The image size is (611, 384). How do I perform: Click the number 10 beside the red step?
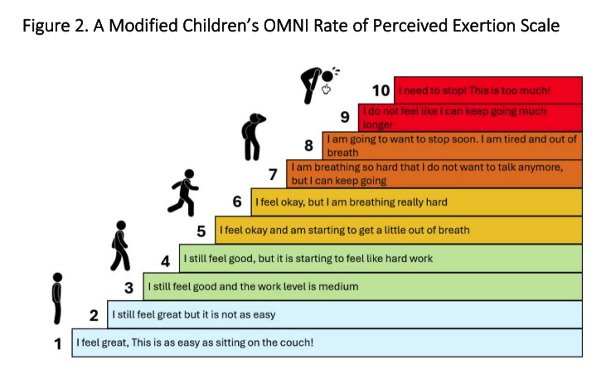(382, 90)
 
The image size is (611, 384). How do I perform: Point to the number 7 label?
(273, 174)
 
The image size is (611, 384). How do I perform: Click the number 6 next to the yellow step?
(237, 202)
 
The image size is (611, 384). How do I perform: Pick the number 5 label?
(201, 231)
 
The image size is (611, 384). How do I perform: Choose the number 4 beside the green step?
(165, 260)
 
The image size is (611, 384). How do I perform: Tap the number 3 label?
(129, 288)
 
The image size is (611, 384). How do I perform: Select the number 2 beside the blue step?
(94, 315)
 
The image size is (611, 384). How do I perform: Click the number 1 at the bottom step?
(58, 343)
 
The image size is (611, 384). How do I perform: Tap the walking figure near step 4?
(121, 246)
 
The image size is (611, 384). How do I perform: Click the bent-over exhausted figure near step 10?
(317, 82)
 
